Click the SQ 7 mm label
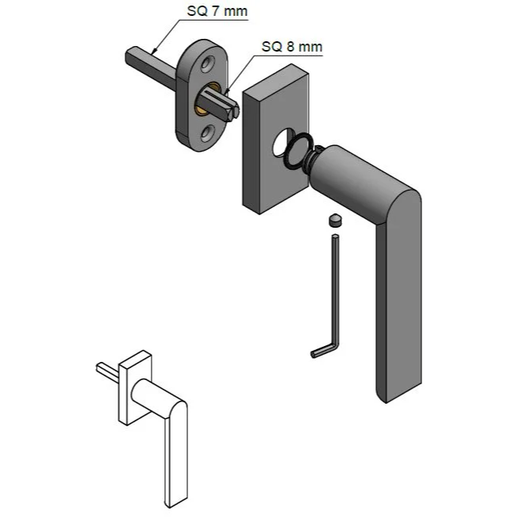(x=217, y=11)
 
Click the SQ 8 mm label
(x=291, y=47)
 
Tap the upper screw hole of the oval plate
(x=208, y=63)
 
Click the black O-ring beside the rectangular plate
(x=298, y=150)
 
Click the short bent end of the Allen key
(x=323, y=350)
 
